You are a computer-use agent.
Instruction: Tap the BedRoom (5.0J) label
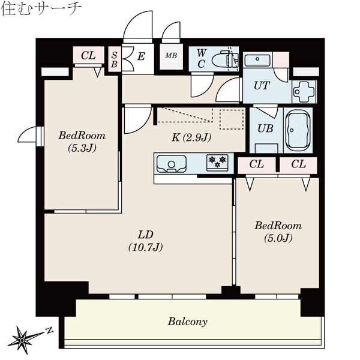(278, 232)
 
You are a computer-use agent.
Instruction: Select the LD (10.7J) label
(146, 240)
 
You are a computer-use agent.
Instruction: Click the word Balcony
(187, 322)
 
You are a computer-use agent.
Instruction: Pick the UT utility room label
(261, 85)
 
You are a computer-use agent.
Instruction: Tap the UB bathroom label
(265, 128)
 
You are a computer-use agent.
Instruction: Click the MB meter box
(171, 56)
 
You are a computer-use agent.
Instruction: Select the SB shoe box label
(115, 59)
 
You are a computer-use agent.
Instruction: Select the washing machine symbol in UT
(303, 91)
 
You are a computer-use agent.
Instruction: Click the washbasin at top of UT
(257, 59)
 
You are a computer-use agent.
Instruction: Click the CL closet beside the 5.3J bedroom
(88, 56)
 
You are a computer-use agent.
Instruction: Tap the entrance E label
(140, 58)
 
